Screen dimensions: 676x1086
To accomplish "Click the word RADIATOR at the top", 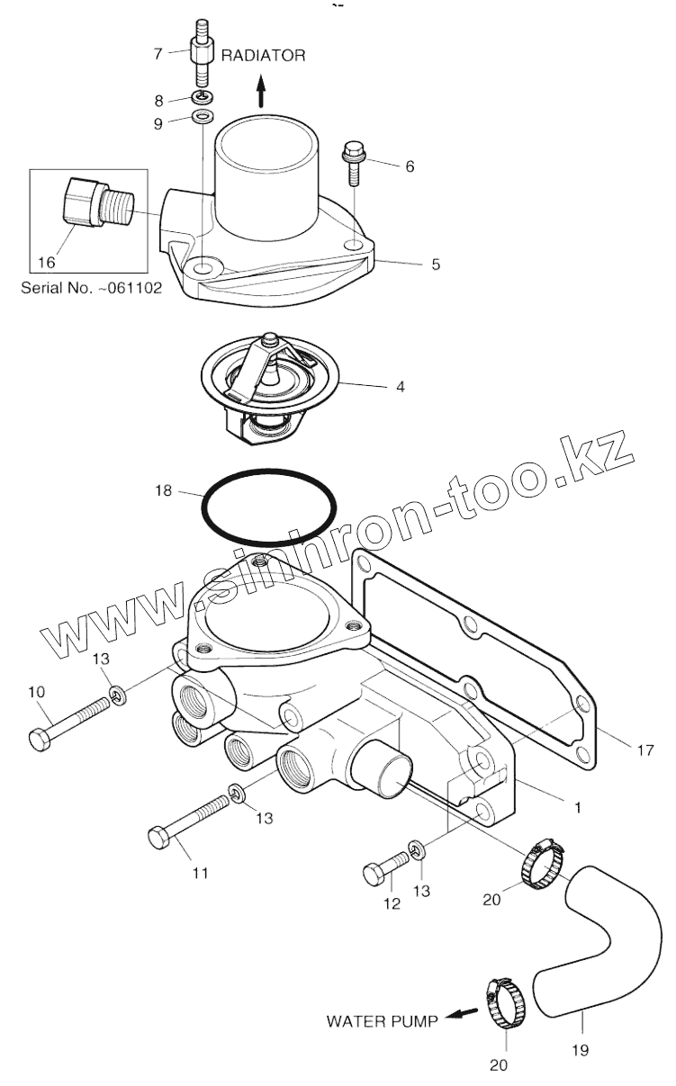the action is [264, 55].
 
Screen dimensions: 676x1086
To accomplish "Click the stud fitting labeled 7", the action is [201, 55].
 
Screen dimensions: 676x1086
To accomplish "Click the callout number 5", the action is [436, 265].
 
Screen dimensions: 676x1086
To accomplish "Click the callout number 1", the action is [577, 807].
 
